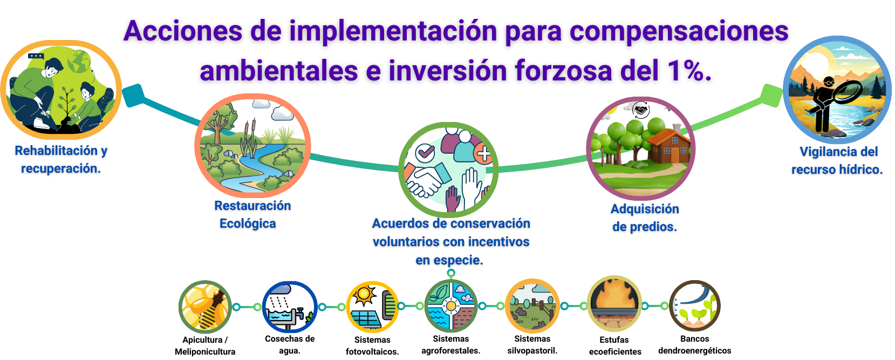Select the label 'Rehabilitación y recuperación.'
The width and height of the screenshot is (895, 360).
pyautogui.click(x=61, y=159)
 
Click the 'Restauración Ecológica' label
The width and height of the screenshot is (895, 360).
pyautogui.click(x=252, y=214)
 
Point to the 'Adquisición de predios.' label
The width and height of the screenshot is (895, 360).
pyautogui.click(x=645, y=218)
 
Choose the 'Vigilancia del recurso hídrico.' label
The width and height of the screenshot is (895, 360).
pyautogui.click(x=837, y=161)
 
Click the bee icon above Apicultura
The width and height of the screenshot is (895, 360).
pyautogui.click(x=205, y=307)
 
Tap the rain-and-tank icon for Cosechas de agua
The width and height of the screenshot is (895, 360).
pyautogui.click(x=290, y=307)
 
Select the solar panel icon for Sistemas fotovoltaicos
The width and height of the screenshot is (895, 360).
pyautogui.click(x=372, y=307)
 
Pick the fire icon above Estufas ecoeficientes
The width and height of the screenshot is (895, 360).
pyautogui.click(x=614, y=304)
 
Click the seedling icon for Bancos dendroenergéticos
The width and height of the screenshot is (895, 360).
pyautogui.click(x=695, y=305)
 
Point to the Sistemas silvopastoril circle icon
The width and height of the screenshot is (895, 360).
pyautogui.click(x=532, y=306)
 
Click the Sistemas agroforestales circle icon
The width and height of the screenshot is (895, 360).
pyautogui.click(x=451, y=306)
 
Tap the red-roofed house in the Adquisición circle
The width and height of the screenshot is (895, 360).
pyautogui.click(x=668, y=146)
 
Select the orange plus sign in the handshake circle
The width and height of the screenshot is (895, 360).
pyautogui.click(x=483, y=153)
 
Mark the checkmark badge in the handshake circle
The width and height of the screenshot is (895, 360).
pyautogui.click(x=425, y=152)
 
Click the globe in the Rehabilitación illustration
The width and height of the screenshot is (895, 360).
pyautogui.click(x=79, y=61)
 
